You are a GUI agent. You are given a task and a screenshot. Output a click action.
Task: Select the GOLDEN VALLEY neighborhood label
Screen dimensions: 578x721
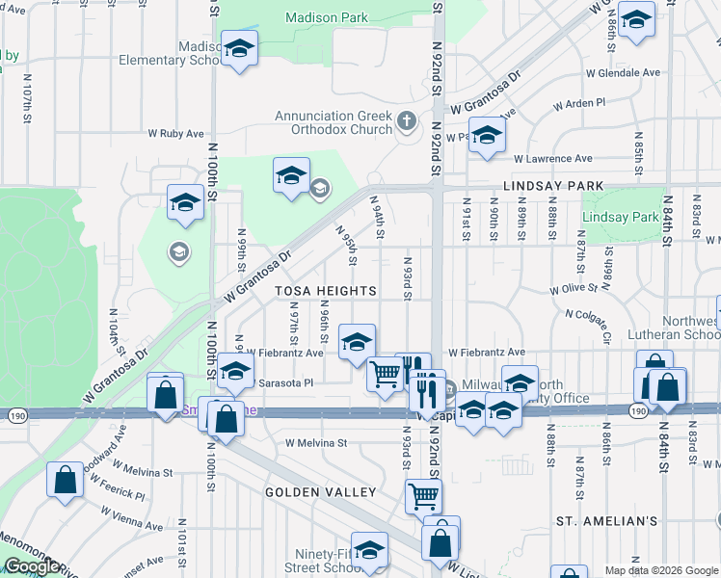coord(321,492)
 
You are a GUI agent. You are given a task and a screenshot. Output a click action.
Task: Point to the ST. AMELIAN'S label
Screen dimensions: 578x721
coord(607,521)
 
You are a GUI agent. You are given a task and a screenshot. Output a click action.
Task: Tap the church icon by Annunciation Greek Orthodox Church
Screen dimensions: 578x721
coord(407,122)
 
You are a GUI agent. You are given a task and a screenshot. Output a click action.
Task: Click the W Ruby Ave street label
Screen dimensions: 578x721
coord(175,134)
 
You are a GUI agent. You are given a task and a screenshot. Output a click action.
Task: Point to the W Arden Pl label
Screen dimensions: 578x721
coord(578,102)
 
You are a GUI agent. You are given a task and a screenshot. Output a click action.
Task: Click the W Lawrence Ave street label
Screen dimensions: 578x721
coord(551,158)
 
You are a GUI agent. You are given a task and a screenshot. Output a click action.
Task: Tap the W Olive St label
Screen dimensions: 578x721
coord(574,289)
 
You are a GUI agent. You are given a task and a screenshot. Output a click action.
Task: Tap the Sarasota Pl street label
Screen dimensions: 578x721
coord(287,382)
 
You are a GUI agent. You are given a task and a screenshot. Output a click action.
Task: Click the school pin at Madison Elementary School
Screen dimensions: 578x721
coord(238,49)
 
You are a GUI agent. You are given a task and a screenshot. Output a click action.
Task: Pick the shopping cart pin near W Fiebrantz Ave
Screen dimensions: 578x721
coord(386,373)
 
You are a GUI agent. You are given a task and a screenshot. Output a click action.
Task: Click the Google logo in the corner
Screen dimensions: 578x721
coord(32,566)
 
